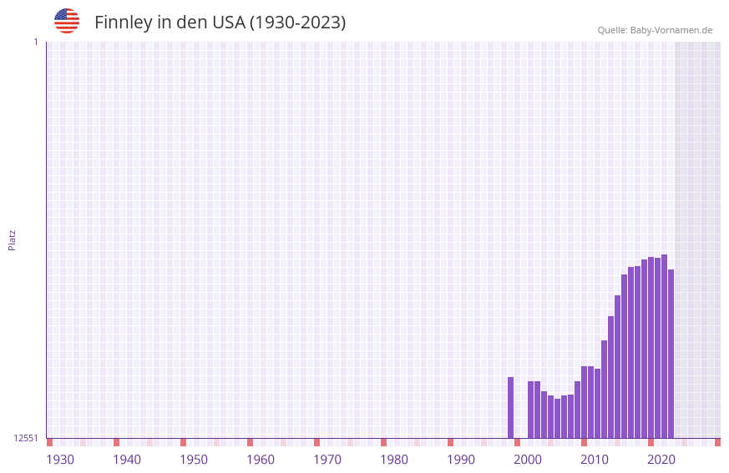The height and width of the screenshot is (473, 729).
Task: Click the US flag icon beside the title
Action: pos(67,21)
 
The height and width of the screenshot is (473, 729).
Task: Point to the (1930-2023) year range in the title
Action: pos(298,23)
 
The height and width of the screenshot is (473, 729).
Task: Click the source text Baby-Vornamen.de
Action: pos(671,30)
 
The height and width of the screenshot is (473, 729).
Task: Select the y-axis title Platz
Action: pos(12,239)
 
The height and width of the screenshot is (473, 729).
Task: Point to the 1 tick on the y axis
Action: pos(35,42)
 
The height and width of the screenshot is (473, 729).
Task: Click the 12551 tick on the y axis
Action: pos(27,438)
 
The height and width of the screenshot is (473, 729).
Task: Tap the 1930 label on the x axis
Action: pos(60,460)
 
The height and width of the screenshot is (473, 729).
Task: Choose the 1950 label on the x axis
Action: pos(194,460)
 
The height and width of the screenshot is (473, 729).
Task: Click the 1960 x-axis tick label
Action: pos(261,460)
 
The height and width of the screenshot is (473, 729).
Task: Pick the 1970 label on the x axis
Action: pos(327,460)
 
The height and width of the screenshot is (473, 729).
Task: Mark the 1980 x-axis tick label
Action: pos(394,460)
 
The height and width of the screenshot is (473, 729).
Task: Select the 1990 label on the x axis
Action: pos(461,460)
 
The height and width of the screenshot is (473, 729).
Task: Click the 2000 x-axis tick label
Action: pos(528,460)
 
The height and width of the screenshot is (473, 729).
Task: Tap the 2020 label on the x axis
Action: pos(661,460)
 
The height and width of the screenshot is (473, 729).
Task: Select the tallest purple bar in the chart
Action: pos(664,346)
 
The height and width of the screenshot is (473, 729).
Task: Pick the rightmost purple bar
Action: pos(671,354)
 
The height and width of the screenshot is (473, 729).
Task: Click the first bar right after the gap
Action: pos(531,410)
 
